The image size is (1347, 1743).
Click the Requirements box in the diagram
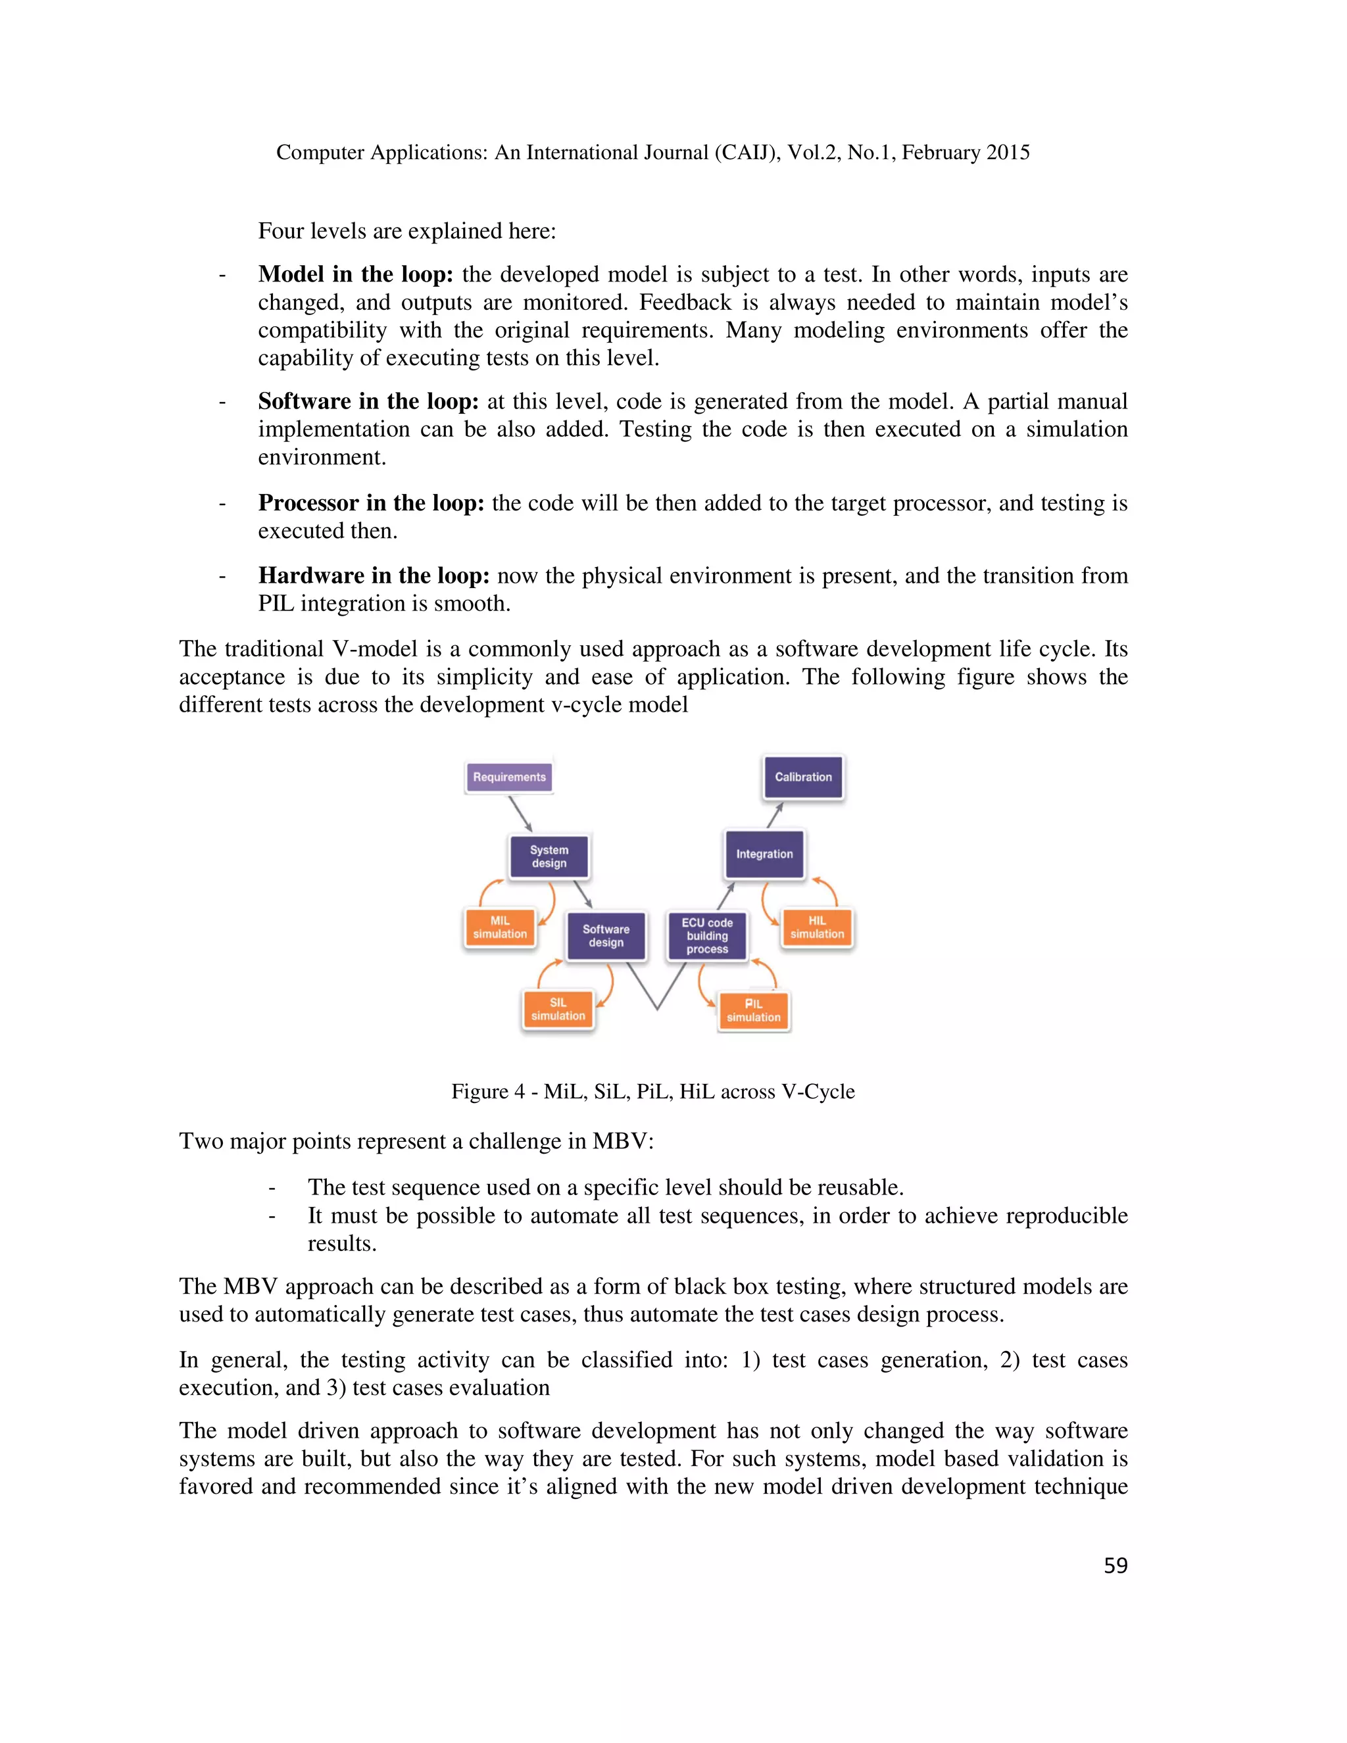509,777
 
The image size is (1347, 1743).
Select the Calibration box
803,777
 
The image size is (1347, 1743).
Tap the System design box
549,856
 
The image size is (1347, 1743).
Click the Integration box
764,854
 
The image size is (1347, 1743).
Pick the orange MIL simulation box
500,927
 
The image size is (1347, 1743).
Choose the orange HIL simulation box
817,927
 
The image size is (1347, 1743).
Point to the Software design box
606,935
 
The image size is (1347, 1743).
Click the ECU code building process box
707,935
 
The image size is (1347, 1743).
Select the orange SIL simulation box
558,1010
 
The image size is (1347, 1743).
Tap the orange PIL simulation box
753,1010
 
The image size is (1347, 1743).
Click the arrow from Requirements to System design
520,814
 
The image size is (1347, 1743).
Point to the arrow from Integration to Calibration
775,815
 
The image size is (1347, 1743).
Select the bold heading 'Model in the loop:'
355,274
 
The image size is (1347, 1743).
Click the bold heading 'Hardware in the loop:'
374,576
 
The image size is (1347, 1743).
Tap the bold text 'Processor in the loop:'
371,503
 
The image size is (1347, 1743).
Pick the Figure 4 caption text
652,1091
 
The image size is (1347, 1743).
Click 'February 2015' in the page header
966,153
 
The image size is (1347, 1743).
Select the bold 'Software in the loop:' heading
368,401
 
